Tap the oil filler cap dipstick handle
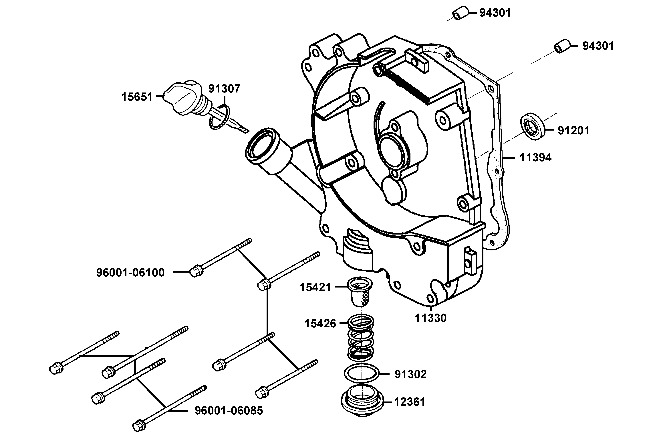(182, 98)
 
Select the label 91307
(224, 89)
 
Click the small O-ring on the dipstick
(219, 117)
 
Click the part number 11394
(535, 158)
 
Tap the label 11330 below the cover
(430, 318)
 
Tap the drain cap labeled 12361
(362, 401)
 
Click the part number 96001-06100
(130, 272)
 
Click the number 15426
(320, 324)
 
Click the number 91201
(573, 130)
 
